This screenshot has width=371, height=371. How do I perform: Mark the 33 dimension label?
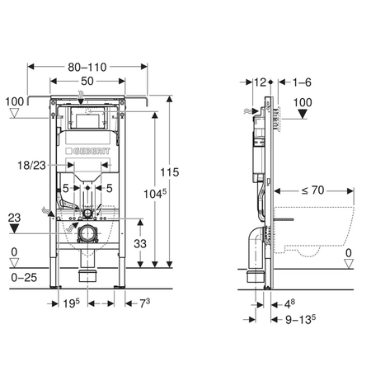(x=141, y=243)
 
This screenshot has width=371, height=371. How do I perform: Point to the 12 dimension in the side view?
(x=262, y=82)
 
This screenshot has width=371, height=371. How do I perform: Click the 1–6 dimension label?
(x=302, y=82)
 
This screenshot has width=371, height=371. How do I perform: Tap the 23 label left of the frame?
(x=14, y=218)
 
